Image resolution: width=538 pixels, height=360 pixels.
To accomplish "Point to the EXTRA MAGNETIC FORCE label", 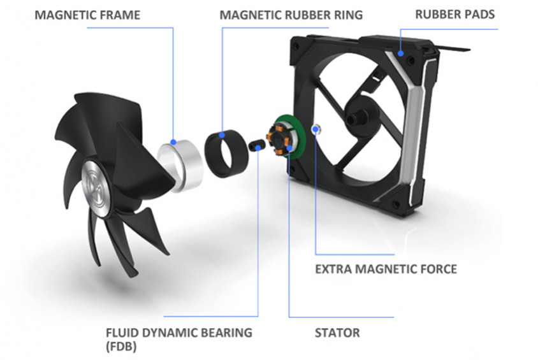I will [x=386, y=268].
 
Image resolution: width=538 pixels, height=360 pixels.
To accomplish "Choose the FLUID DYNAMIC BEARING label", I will [x=178, y=333].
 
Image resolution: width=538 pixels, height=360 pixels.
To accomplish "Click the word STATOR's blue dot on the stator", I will [x=289, y=148].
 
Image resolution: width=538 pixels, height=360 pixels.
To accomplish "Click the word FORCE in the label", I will [x=436, y=268].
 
